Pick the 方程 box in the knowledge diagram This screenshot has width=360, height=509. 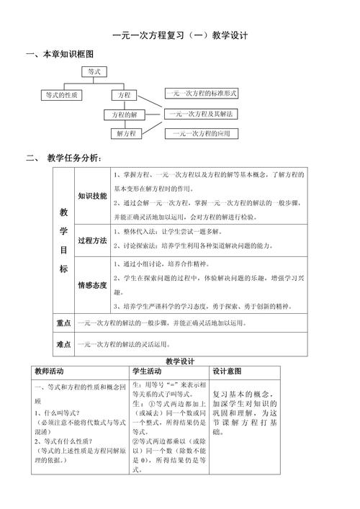coord(123,94)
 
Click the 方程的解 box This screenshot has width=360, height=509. coord(123,114)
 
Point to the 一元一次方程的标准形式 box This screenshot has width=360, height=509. coord(201,93)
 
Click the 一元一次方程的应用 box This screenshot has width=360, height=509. coord(201,133)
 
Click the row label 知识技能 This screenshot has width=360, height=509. coord(92,196)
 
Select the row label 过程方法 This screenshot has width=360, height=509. coord(92,240)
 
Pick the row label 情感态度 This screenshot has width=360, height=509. coord(92,285)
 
